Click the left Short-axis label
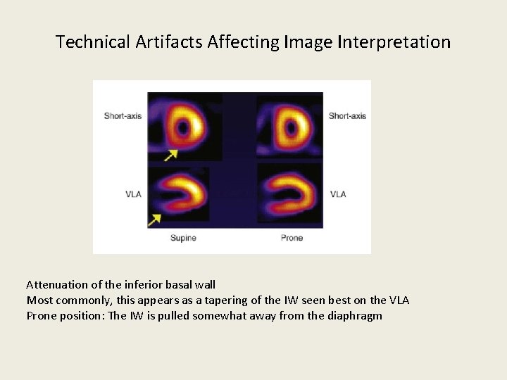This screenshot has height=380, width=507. pos(123,115)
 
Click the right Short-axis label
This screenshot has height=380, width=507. pos(347,115)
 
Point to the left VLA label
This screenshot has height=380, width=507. pos(133,194)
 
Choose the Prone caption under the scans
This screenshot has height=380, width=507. pos(292,239)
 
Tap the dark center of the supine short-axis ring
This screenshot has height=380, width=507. pos(184,127)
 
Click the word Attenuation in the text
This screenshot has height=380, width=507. pos(56,285)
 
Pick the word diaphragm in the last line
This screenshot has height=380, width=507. pos(355,316)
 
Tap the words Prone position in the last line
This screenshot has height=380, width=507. pos(65,316)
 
